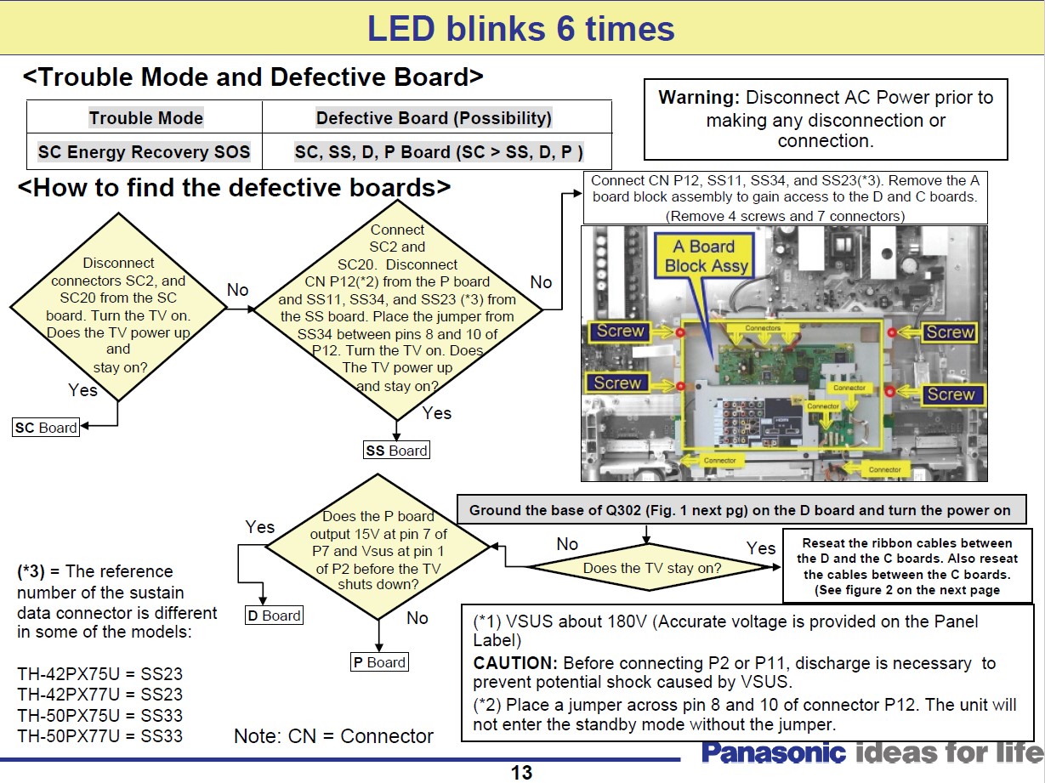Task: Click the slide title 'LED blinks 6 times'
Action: tap(520, 29)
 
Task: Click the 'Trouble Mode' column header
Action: tap(145, 118)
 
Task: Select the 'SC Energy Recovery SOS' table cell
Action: tap(145, 152)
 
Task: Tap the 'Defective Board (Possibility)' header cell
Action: tap(434, 118)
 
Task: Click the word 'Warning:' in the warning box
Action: tap(699, 98)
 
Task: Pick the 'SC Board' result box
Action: tap(46, 428)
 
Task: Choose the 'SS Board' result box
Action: tap(396, 451)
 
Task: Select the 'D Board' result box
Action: tap(274, 616)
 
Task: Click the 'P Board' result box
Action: tap(379, 662)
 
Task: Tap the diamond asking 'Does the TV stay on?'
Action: tap(646, 568)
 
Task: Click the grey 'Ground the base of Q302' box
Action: tap(740, 510)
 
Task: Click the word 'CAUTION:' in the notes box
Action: tap(513, 663)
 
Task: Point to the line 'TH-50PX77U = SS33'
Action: tap(99, 736)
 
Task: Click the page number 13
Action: tap(521, 772)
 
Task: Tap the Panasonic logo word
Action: tap(774, 753)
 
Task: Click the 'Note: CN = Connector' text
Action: tap(333, 736)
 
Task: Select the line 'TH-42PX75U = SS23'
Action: tap(99, 675)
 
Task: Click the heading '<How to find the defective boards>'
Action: tap(234, 186)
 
